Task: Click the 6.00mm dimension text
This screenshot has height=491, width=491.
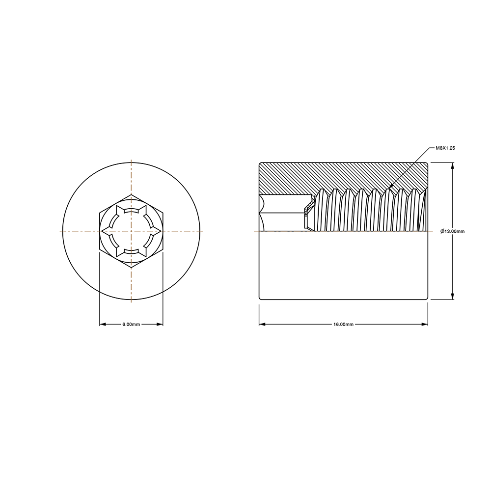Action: click(131, 325)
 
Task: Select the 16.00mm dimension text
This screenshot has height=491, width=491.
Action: click(343, 325)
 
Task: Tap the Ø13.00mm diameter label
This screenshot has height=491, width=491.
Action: click(452, 231)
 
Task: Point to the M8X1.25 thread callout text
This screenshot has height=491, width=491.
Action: click(445, 148)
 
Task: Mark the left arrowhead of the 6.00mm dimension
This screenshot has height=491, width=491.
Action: click(103, 325)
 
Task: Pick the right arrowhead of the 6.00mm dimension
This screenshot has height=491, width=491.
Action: click(160, 325)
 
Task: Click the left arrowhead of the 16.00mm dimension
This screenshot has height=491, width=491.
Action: click(262, 325)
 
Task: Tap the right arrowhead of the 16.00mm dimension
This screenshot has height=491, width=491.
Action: click(424, 325)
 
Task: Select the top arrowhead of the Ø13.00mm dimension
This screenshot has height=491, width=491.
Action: click(452, 166)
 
